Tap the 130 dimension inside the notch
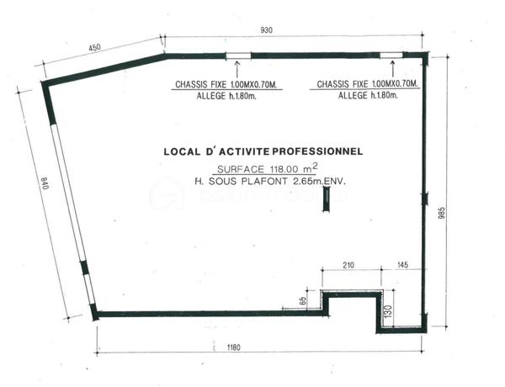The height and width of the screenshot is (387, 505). tap(387, 310)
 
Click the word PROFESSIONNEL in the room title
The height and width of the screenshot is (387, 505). tap(316, 152)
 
